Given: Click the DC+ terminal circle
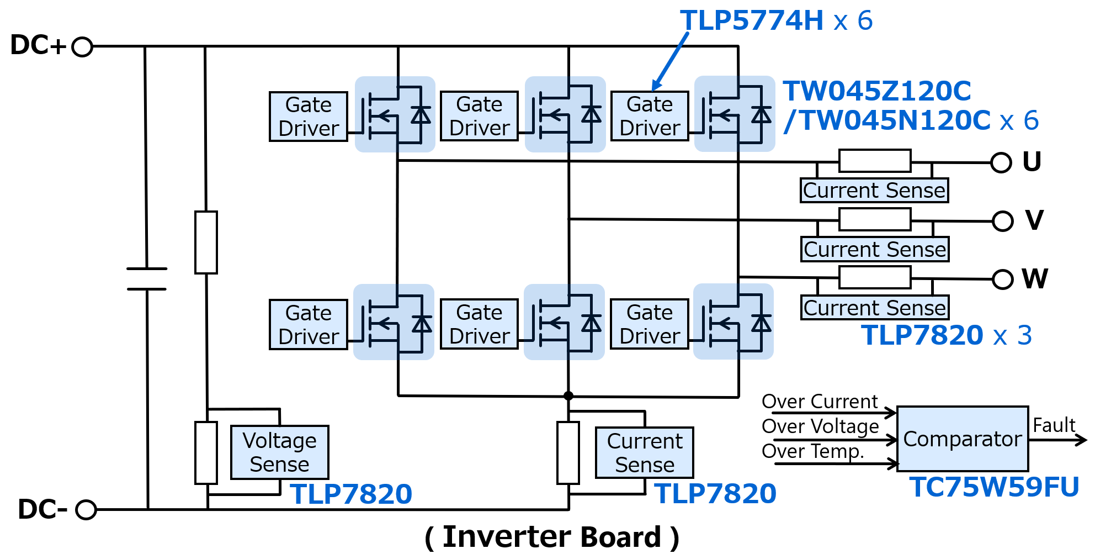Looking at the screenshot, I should pos(82,47).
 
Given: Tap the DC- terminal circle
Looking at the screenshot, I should pos(86,509).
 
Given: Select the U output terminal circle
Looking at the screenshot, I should pos(1001,163).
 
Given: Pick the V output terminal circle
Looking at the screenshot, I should pos(1002,222).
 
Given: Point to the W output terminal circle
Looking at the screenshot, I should pos(1002,279).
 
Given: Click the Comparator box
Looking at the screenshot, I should pos(963,439).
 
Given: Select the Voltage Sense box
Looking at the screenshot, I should pos(279,452).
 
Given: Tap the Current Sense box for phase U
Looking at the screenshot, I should pos(874,191).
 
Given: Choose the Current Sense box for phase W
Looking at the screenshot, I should pos(874,308).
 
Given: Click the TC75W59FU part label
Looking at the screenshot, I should pos(994,487).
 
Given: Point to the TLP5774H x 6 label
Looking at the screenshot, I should pos(776,21).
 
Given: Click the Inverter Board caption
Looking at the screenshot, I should pos(552,537).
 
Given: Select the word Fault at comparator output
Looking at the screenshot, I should pos(1054,425).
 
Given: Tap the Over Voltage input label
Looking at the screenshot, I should pos(820,426).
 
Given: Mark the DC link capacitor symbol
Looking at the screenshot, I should pos(147,279).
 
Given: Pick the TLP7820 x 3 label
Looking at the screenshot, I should pos(946,335).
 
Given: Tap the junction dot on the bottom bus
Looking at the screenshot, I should pos(568,396).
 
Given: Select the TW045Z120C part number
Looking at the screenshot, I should pos(877,91).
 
